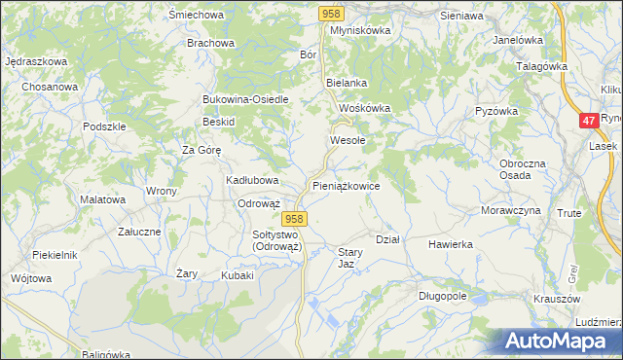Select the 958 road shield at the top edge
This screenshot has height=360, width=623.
pyautogui.click(x=332, y=13)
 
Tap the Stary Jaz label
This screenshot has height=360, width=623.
pyautogui.click(x=350, y=258)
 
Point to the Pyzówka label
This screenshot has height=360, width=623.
pyautogui.click(x=495, y=111)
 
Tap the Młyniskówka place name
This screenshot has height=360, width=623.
pyautogui.click(x=359, y=30)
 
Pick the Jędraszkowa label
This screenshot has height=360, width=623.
pyautogui.click(x=35, y=61)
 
